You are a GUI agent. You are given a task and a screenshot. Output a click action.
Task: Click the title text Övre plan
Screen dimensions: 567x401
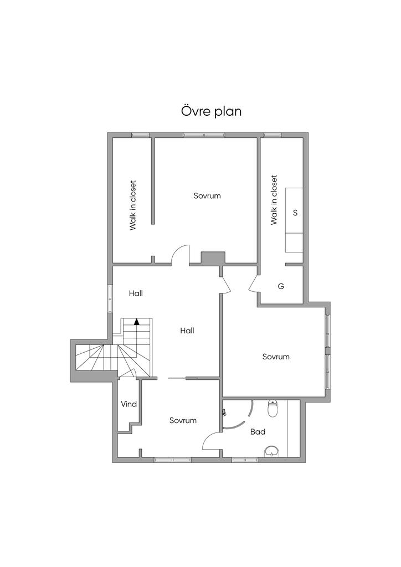211,111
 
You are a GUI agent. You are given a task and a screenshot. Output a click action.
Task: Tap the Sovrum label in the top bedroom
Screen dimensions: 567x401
207,195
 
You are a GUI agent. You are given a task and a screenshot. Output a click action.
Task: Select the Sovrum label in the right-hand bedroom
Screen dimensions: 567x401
276,357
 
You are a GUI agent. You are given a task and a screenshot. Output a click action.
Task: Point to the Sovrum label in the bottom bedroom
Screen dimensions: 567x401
183,420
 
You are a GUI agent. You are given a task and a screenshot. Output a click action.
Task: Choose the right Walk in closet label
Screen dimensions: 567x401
274,200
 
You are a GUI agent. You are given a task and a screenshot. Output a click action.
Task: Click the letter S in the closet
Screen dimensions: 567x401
295,213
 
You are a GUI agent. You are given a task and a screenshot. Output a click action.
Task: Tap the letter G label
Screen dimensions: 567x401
281,286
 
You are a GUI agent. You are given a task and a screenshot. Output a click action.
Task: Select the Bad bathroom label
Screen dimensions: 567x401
258,431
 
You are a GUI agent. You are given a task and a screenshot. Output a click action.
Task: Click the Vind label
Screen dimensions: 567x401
128,404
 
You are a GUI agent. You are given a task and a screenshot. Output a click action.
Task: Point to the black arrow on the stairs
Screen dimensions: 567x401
137,321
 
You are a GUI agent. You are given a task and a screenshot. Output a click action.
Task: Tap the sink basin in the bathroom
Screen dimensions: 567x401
272,451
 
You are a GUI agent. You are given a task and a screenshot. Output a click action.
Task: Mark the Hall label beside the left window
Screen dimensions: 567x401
136,293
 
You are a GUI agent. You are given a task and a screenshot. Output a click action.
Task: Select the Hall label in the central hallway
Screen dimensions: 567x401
187,331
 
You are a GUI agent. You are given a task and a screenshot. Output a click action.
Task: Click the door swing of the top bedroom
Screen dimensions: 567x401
181,255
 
